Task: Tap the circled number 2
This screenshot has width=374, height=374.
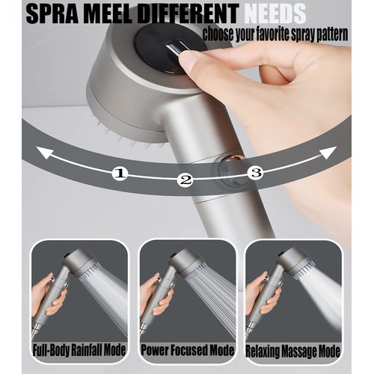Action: (186, 180)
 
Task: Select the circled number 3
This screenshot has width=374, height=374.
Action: (256, 173)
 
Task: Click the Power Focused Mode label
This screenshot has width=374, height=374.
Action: (187, 351)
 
